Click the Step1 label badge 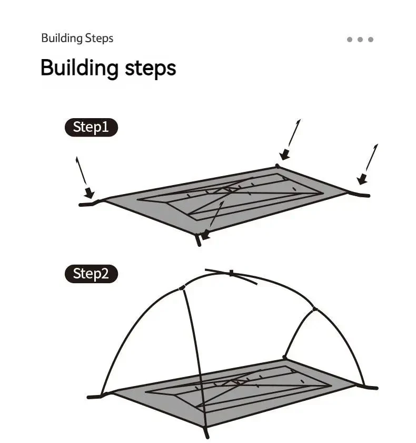tap(91, 127)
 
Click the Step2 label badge tap(91, 274)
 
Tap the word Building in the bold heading tap(80, 68)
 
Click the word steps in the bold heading tap(150, 69)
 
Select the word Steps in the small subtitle tap(99, 38)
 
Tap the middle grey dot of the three tap(360, 40)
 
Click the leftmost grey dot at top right tap(350, 40)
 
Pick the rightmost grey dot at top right tap(371, 40)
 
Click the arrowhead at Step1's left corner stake tap(89, 192)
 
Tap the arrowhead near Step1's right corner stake tap(362, 179)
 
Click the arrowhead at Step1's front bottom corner tap(205, 235)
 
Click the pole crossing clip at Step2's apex tap(231, 273)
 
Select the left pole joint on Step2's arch tap(182, 288)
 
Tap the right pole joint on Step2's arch tap(315, 310)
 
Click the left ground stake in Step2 tap(94, 397)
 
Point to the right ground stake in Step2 tap(371, 387)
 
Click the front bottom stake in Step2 tap(207, 433)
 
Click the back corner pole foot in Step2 tap(284, 358)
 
